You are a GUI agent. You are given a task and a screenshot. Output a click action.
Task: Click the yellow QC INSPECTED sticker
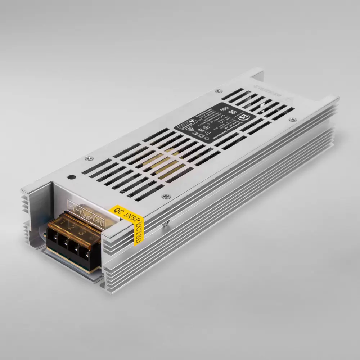[x=131, y=220]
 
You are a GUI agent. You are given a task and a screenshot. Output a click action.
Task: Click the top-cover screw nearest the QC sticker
[x=165, y=196]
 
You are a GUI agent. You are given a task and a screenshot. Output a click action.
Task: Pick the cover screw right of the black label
[x=293, y=119]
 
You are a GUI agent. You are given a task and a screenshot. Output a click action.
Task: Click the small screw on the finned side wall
[x=167, y=223]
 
